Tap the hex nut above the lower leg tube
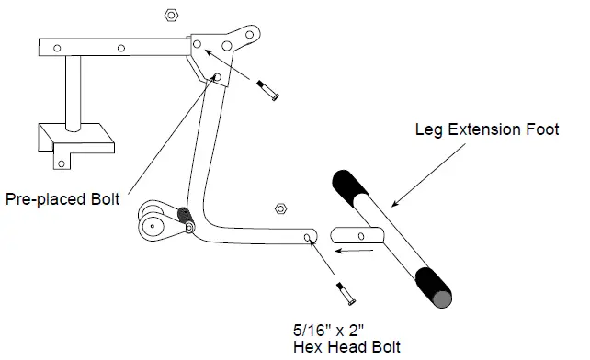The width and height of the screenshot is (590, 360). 281,208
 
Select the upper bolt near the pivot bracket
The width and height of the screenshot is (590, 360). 268,91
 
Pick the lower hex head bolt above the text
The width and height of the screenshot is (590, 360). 344,295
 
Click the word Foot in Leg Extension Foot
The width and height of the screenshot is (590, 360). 540,130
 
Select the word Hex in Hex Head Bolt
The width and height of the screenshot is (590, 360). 307,346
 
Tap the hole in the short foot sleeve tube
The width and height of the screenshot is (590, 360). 361,236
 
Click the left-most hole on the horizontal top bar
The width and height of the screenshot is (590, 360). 57,47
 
